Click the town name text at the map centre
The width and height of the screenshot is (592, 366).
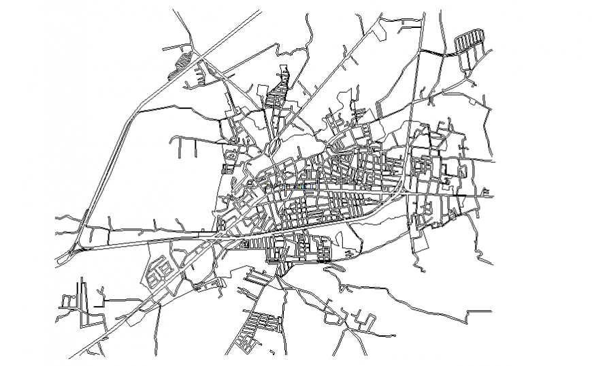289,185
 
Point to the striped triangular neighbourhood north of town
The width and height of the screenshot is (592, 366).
278,92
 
